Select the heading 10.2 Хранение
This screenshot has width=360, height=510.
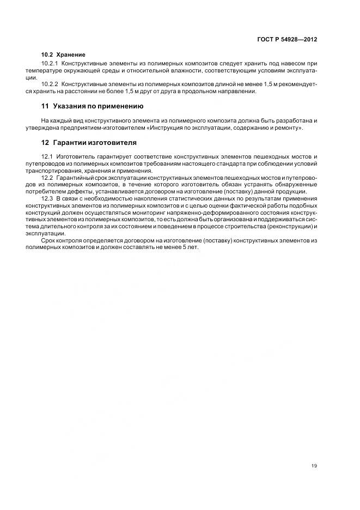pyautogui.click(x=63, y=54)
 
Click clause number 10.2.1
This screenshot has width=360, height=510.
pyautogui.click(x=50, y=64)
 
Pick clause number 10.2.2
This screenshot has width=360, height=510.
pyautogui.click(x=50, y=84)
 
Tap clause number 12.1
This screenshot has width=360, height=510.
pyautogui.click(x=47, y=156)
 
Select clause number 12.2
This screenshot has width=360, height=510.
pyautogui.click(x=47, y=178)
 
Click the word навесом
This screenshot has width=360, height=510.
pyautogui.click(x=295, y=64)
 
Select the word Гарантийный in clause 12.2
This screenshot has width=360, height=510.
pyautogui.click(x=75, y=178)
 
